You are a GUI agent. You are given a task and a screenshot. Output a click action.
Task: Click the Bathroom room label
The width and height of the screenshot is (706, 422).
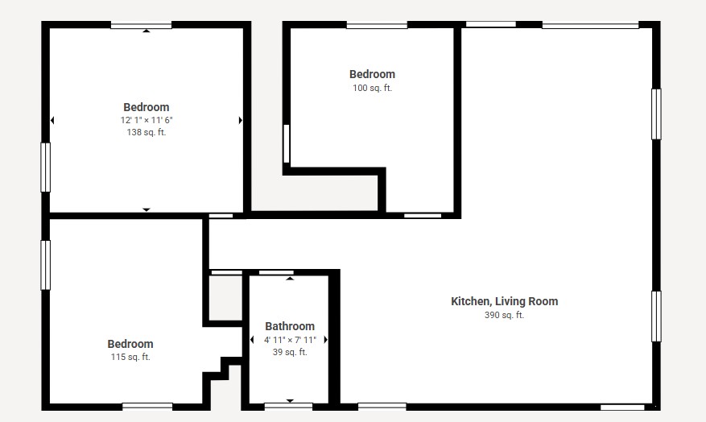point(290,326)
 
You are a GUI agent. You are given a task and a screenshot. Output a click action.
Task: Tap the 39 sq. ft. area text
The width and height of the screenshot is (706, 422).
point(290,352)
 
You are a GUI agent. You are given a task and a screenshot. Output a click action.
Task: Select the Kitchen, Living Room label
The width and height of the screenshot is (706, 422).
point(504,301)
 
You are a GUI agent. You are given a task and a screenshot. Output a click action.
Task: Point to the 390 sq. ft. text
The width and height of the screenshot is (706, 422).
point(504,315)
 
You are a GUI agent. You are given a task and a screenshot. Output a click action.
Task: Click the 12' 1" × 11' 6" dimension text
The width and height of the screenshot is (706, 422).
point(147,120)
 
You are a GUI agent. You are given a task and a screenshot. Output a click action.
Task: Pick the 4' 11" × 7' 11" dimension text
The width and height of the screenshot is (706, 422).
point(290,340)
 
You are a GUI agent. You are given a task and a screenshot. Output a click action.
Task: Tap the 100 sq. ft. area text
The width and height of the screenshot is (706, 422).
point(373,88)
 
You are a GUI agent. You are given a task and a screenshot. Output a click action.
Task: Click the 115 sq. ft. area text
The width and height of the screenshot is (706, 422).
point(130,357)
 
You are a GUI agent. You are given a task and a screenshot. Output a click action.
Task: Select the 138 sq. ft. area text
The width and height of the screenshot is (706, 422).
point(147,132)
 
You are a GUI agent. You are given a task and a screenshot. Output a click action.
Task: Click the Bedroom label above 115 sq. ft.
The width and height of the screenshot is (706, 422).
point(130,344)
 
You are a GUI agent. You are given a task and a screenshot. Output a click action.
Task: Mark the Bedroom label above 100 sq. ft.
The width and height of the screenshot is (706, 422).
point(373,74)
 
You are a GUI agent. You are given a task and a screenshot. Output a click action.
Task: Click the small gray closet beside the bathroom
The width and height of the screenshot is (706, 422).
point(225,298)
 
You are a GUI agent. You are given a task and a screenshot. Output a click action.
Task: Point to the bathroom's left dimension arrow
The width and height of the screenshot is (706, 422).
point(252,340)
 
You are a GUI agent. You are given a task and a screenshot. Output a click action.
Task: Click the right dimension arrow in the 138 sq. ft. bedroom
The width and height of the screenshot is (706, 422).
point(241,120)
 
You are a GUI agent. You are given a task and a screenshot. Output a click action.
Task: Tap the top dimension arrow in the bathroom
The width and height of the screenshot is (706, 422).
point(290,279)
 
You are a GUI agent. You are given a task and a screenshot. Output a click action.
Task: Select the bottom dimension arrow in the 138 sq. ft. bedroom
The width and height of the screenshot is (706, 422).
point(147,210)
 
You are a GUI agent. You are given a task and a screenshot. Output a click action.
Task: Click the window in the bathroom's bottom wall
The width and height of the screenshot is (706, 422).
point(288,406)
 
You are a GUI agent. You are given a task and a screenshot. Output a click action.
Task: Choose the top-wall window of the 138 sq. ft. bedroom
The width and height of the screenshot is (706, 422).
point(142,25)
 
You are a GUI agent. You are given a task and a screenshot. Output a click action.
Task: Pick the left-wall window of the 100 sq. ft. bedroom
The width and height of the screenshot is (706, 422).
point(287,143)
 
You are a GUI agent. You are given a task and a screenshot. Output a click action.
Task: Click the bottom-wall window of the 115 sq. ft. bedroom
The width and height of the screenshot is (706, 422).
point(147,406)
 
